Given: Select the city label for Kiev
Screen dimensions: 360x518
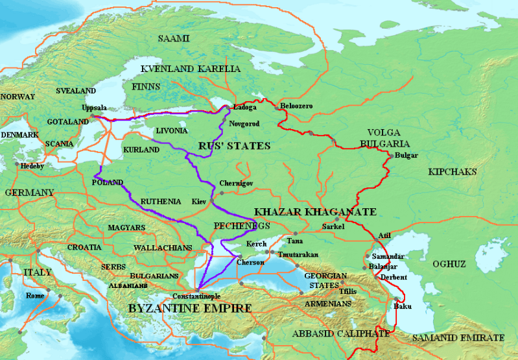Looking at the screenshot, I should pos(199,202).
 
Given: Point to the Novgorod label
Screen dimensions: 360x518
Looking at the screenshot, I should pos(244,123).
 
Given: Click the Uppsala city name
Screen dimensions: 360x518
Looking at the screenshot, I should pos(95,108).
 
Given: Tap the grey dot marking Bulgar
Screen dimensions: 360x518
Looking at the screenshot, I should pos(390,156).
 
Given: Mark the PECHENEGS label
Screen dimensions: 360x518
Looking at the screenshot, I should pos(241,225).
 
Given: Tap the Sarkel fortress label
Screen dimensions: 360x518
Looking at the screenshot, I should pos(333,227).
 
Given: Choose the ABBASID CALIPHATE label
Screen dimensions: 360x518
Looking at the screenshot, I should pos(341,333).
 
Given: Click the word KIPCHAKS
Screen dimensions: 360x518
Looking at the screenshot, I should pos(452,172).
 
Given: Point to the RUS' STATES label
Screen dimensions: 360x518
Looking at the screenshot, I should pos(235,146).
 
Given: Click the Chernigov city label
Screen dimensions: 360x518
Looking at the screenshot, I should pos(236,184).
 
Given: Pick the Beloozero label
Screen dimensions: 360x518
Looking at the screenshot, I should pos(295,106).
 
